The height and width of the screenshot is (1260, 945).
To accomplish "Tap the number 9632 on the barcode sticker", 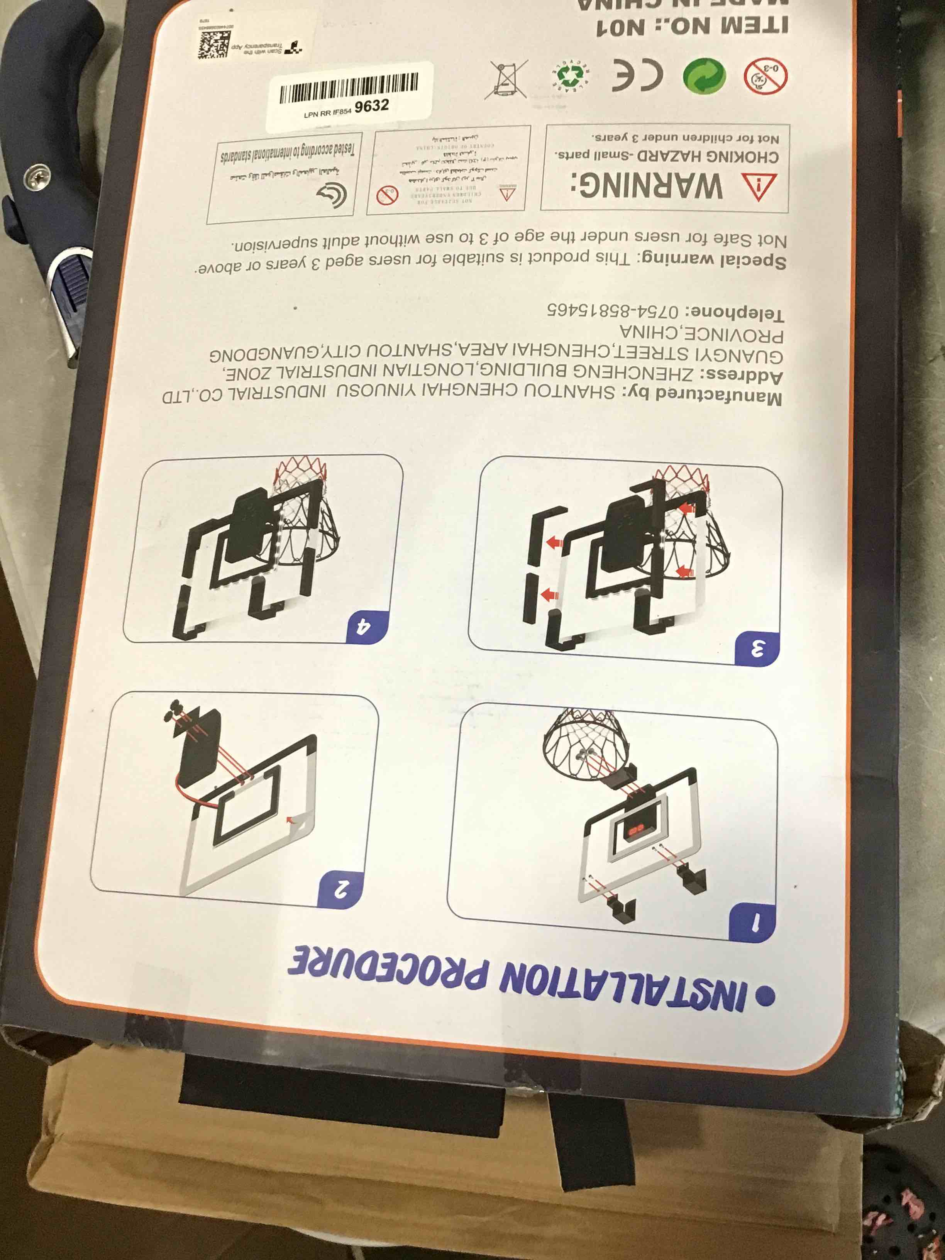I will coord(371,106).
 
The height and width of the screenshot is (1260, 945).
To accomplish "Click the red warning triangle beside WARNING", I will coord(759,187).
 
